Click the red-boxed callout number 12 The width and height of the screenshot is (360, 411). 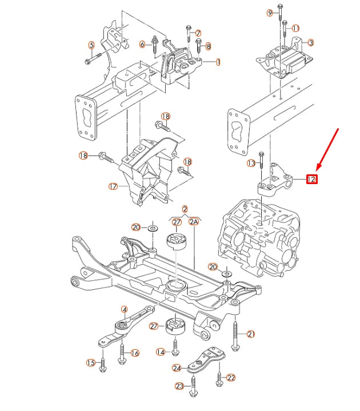311,179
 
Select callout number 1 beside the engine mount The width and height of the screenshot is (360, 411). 218,62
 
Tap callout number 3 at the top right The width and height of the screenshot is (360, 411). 310,42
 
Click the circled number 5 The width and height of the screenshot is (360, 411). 91,45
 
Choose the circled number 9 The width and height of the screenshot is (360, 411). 270,13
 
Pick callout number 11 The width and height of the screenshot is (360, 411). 295,28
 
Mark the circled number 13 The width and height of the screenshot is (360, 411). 251,163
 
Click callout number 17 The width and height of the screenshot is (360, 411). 113,186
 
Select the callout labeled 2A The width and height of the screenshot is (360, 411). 193,222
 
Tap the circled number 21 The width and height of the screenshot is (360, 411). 251,333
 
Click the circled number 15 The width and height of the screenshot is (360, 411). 90,362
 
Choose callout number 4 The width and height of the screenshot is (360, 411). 124,309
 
